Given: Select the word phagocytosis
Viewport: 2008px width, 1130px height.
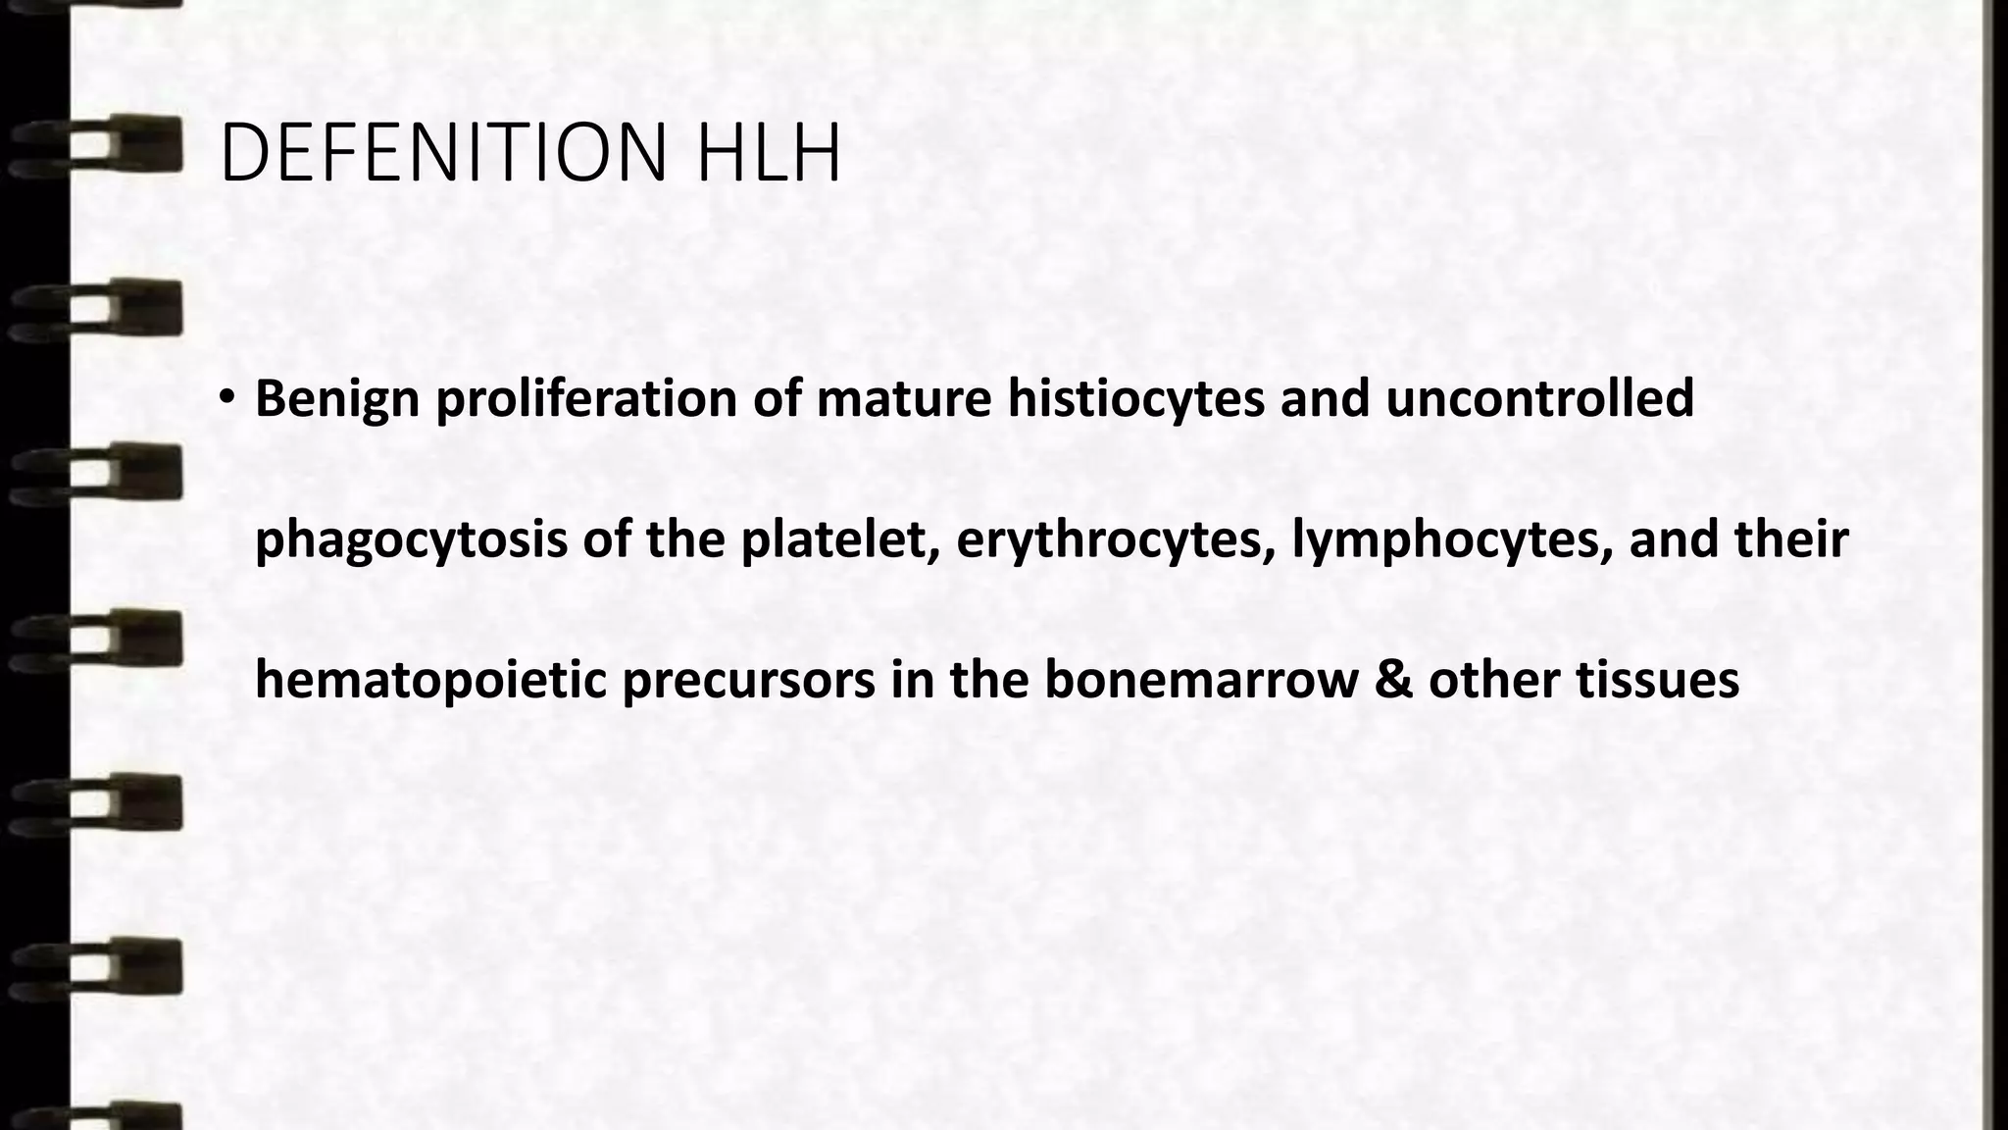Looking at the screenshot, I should (x=411, y=540).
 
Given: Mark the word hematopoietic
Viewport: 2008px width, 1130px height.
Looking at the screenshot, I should (x=430, y=681).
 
